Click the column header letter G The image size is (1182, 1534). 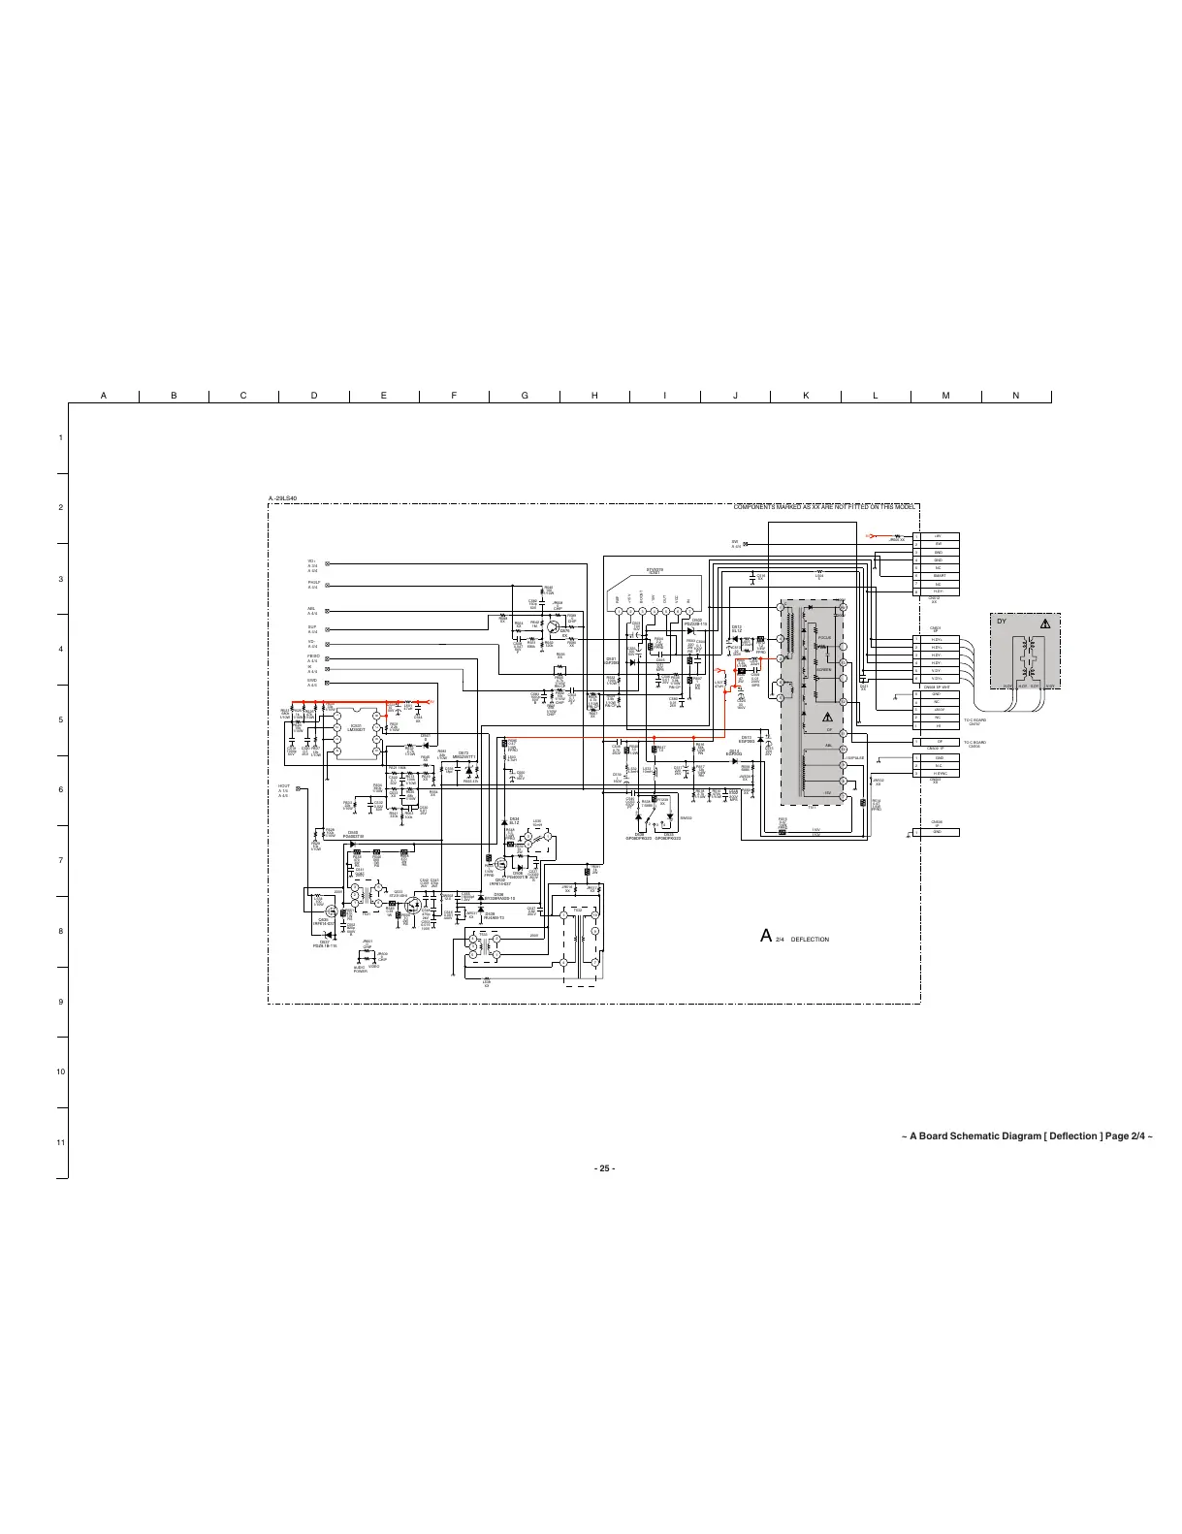click(x=525, y=395)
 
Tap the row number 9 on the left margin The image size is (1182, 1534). click(x=60, y=1002)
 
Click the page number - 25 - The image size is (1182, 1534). click(x=603, y=1167)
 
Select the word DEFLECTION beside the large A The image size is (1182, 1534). click(x=810, y=939)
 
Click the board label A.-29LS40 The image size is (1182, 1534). click(x=282, y=498)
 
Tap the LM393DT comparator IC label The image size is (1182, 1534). click(x=356, y=729)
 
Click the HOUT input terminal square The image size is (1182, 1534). click(x=299, y=788)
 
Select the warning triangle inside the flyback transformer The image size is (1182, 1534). click(x=827, y=719)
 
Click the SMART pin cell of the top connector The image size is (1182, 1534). click(x=938, y=576)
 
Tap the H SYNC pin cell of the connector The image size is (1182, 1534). click(x=938, y=773)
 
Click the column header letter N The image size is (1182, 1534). click(x=1015, y=395)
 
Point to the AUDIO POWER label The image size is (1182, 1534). click(x=360, y=969)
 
